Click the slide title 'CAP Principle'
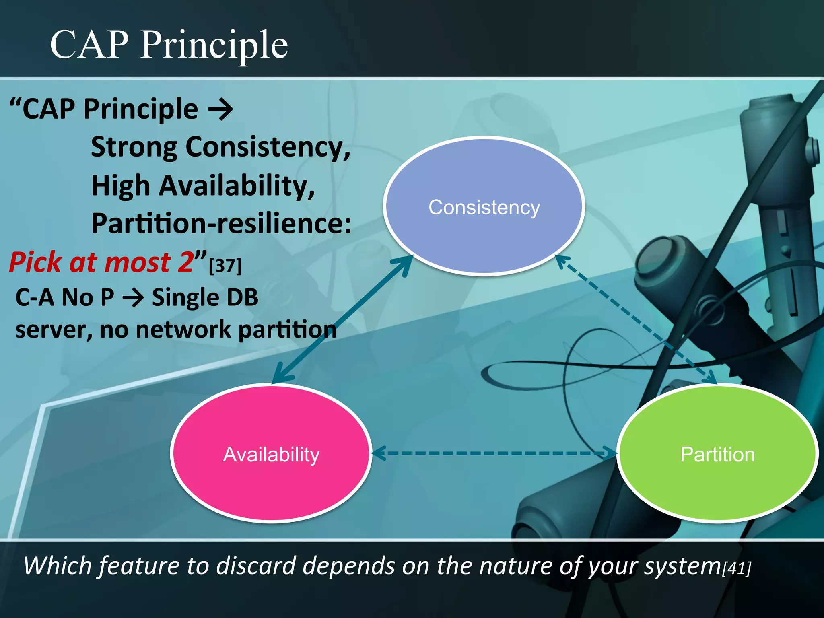(x=169, y=45)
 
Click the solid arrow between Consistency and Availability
(x=342, y=320)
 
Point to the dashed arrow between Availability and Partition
(x=494, y=453)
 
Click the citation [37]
(x=225, y=266)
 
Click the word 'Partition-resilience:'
(x=221, y=223)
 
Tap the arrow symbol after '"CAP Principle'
(x=220, y=109)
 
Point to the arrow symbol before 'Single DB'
(x=133, y=298)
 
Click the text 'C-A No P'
(x=64, y=298)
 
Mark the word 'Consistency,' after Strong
(x=268, y=148)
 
